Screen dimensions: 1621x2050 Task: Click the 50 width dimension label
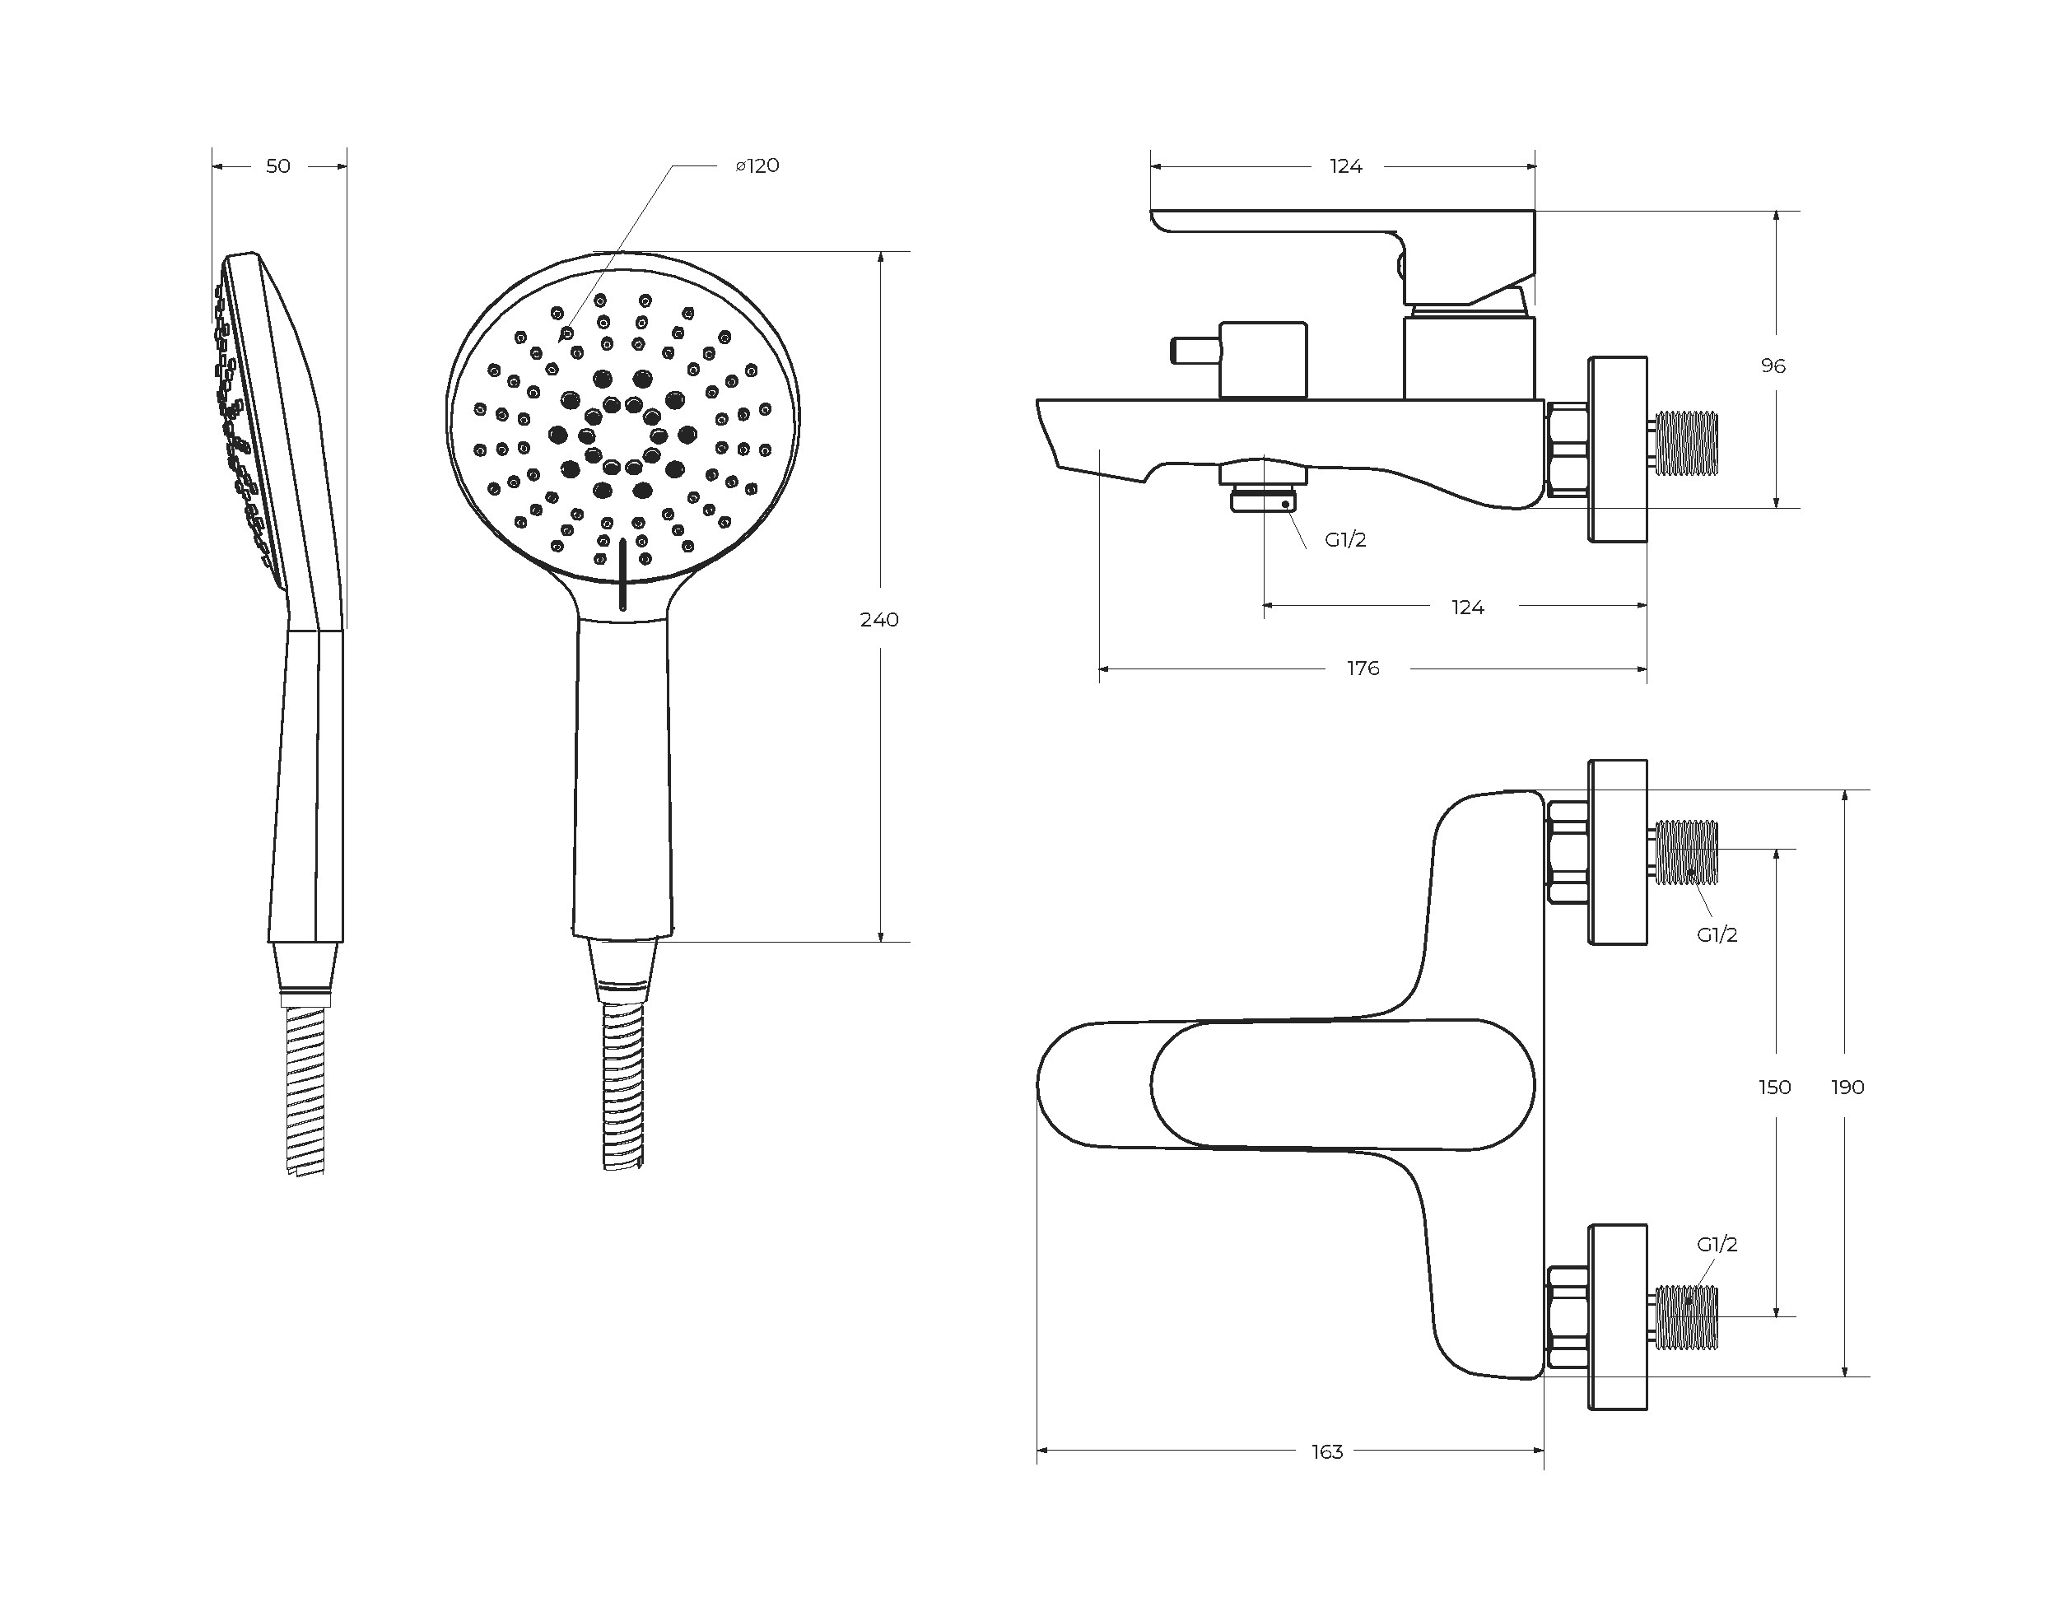pyautogui.click(x=277, y=166)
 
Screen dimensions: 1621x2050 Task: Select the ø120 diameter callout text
pyautogui.click(x=757, y=166)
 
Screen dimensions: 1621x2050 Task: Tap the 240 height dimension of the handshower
pyautogui.click(x=878, y=620)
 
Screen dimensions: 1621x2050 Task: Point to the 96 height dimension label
pyautogui.click(x=1772, y=366)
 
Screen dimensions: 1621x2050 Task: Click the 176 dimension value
pyautogui.click(x=1362, y=668)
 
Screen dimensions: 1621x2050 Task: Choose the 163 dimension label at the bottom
pyautogui.click(x=1327, y=1451)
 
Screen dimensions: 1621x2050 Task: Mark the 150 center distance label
pyautogui.click(x=1774, y=1087)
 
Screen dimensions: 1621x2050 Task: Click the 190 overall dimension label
pyautogui.click(x=1847, y=1087)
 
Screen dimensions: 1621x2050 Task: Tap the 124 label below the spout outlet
pyautogui.click(x=1466, y=608)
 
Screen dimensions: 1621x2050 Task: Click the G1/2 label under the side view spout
pyautogui.click(x=1344, y=540)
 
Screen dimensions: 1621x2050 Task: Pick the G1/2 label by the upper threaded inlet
pyautogui.click(x=1716, y=935)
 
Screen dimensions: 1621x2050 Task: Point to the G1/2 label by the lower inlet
pyautogui.click(x=1716, y=1244)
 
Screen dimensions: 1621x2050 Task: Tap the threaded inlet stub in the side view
pyautogui.click(x=1685, y=441)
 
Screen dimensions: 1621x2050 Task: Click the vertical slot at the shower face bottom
pyautogui.click(x=622, y=573)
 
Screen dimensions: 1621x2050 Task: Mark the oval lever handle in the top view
pyautogui.click(x=1341, y=1085)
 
